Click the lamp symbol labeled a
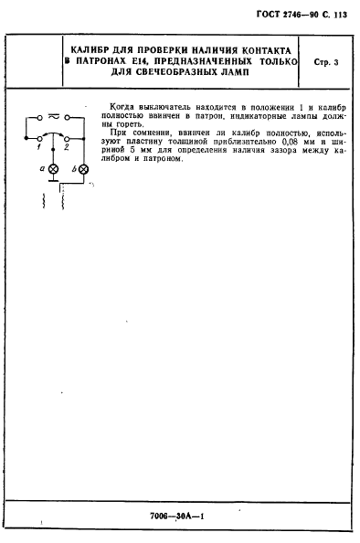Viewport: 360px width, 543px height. pyautogui.click(x=53, y=170)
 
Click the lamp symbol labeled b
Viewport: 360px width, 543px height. pyautogui.click(x=84, y=170)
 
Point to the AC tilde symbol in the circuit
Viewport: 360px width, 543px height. pyautogui.click(x=54, y=117)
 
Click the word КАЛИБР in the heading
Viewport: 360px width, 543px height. pyautogui.click(x=94, y=51)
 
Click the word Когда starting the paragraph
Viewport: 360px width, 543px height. pyautogui.click(x=122, y=106)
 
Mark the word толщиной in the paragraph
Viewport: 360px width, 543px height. pyautogui.click(x=193, y=142)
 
